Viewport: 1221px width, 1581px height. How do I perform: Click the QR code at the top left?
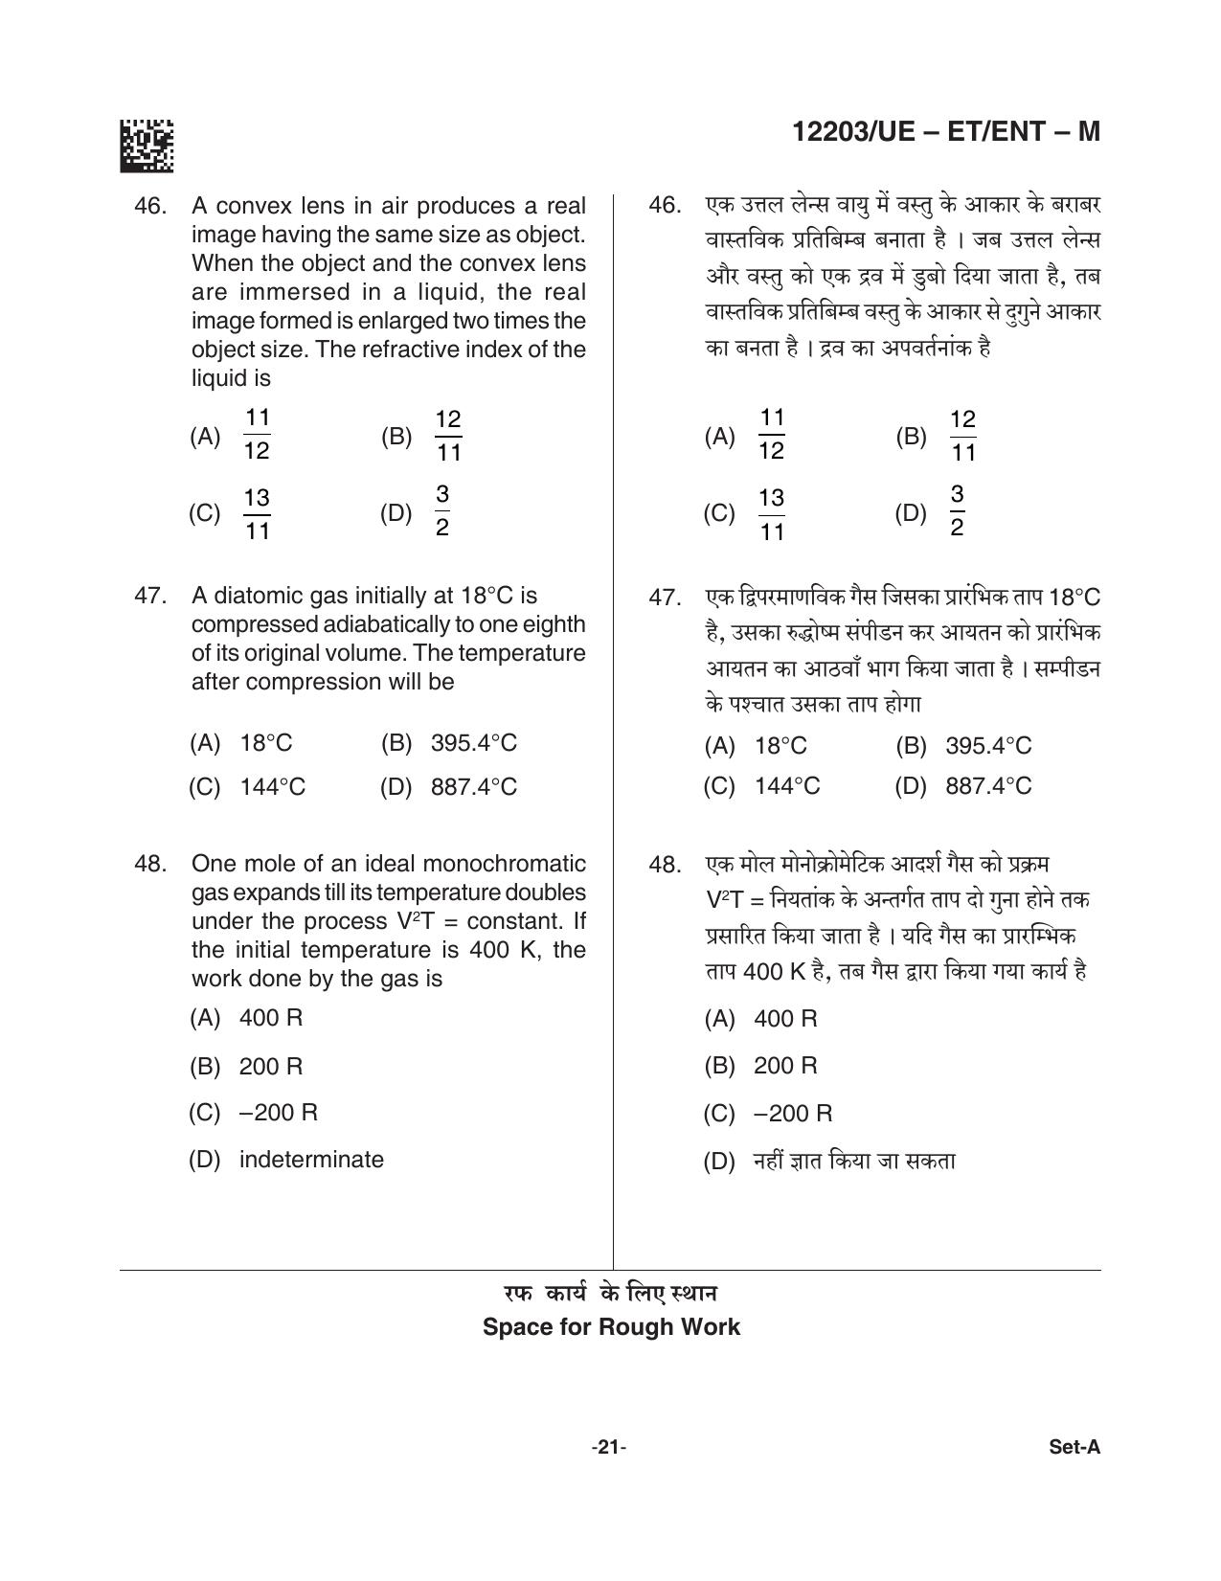[147, 146]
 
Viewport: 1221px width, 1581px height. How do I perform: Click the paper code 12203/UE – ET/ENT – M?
[946, 131]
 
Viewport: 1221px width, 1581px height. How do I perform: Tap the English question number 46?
[151, 206]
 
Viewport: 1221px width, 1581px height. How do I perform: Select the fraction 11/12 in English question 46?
[257, 434]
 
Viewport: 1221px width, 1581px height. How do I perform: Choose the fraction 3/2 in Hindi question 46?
[957, 511]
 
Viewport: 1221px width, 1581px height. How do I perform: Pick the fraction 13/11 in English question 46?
[257, 514]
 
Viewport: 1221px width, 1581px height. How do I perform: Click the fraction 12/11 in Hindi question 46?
[962, 435]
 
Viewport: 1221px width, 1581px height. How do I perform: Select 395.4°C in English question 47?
[473, 743]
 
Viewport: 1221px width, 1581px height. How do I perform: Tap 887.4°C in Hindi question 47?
[988, 786]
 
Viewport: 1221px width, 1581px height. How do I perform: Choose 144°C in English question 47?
[273, 787]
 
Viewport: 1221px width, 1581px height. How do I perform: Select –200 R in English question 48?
[279, 1113]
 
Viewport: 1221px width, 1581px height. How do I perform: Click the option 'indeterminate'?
[311, 1160]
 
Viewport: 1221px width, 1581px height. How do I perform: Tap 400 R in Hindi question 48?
[785, 1019]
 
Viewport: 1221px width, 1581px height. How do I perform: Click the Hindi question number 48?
[665, 865]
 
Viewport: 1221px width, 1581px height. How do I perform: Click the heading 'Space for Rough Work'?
[611, 1327]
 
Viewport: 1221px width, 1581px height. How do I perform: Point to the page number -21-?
[609, 1447]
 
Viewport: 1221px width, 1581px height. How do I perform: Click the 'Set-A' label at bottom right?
[1074, 1447]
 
